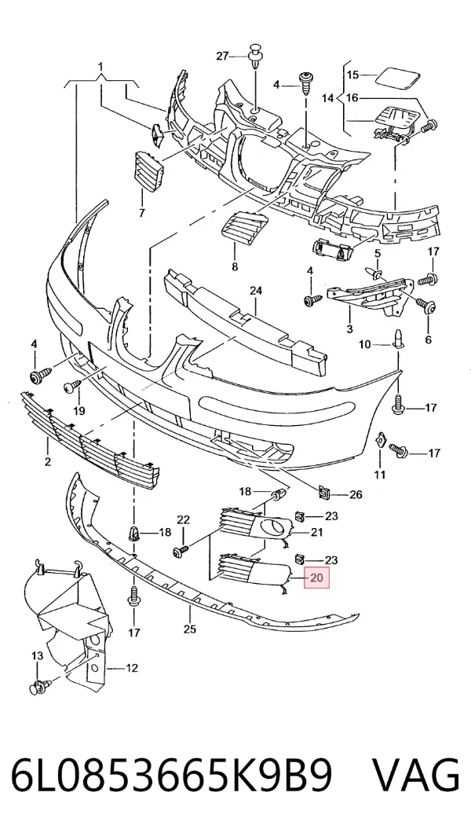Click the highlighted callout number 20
pos(317,578)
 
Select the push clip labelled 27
pos(256,57)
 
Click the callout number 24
pos(256,291)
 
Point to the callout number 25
pos(190,629)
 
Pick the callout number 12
pos(132,668)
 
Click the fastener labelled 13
pos(40,685)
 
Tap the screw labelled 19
pos(72,386)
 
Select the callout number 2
pos(48,461)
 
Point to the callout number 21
pos(317,532)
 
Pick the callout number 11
pos(379,474)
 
